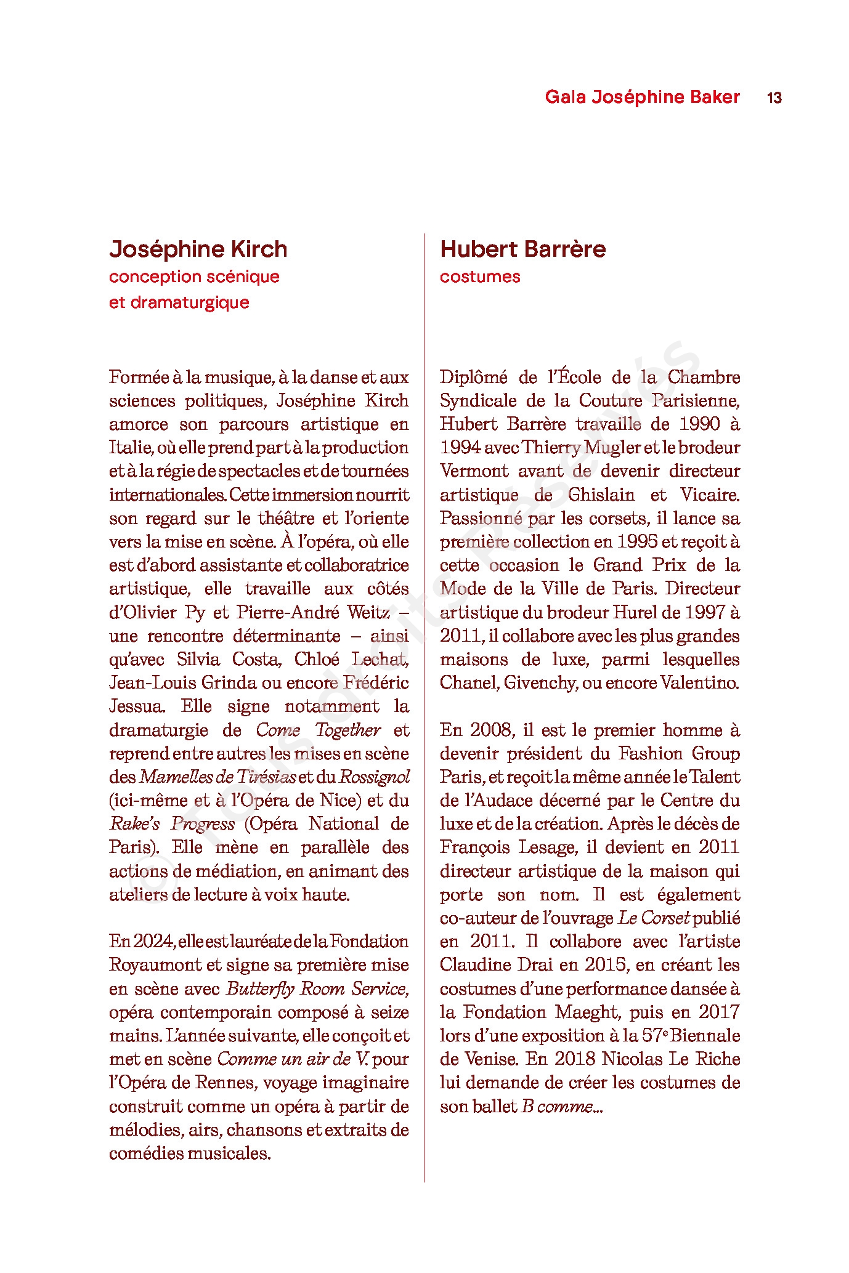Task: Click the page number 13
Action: point(774,97)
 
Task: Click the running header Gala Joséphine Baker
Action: point(642,97)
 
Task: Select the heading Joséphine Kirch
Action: point(198,249)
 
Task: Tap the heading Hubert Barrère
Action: point(522,249)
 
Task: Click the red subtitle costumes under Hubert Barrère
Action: point(479,277)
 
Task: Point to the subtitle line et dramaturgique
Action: point(179,303)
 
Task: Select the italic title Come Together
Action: point(318,730)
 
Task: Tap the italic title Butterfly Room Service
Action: point(317,989)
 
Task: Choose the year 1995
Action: point(636,542)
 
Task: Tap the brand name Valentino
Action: point(699,683)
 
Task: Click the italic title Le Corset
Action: point(653,918)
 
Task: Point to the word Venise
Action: point(487,1059)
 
